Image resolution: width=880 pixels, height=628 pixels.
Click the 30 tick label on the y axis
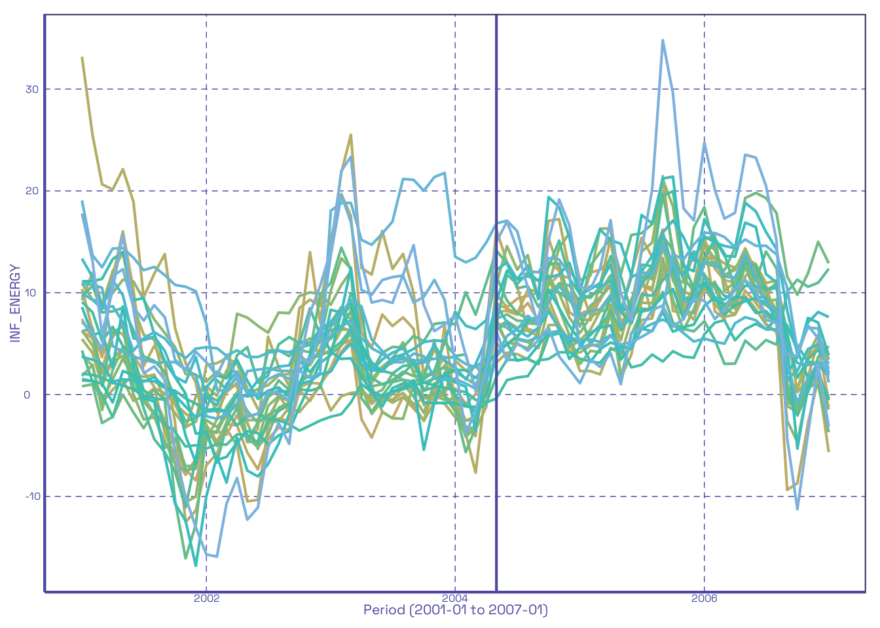click(x=32, y=89)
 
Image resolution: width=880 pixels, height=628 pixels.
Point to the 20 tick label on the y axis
click(x=32, y=191)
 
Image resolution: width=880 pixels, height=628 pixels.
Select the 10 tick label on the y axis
click(x=32, y=292)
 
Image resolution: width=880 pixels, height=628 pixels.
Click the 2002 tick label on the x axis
click(x=206, y=598)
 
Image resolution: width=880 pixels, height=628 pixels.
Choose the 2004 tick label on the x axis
click(x=455, y=598)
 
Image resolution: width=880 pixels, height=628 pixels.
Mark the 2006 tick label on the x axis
click(x=705, y=598)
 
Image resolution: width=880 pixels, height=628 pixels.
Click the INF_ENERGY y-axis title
click(x=15, y=303)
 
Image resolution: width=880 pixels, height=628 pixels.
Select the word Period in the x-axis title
click(x=384, y=610)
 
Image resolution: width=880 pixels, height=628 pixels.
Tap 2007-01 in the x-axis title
click(x=522, y=610)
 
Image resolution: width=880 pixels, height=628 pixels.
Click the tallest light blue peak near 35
click(x=663, y=40)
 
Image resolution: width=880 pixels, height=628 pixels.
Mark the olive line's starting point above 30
click(x=82, y=57)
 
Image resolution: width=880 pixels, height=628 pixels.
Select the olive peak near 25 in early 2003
click(x=351, y=135)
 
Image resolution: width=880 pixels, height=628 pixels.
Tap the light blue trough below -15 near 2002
click(x=216, y=556)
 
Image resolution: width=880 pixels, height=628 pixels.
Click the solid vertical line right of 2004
click(x=496, y=327)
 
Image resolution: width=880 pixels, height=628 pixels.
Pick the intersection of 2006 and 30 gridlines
click(x=705, y=89)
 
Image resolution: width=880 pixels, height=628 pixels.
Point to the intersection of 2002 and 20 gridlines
click(x=206, y=191)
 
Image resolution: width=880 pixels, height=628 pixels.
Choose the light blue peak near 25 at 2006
click(x=705, y=141)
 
